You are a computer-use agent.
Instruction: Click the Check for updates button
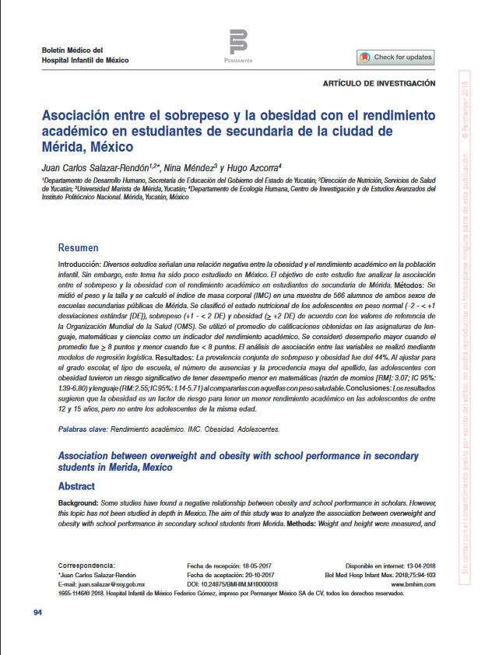pos(395,58)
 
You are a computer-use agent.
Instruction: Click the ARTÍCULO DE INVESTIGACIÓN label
pos(378,83)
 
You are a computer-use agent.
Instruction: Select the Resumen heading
pos(79,247)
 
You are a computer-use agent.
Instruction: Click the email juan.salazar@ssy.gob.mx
pos(113,583)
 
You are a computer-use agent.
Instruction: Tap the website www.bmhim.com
pos(413,583)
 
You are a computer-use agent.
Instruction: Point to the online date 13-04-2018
pos(417,566)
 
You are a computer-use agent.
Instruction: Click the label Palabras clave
pos(83,429)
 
